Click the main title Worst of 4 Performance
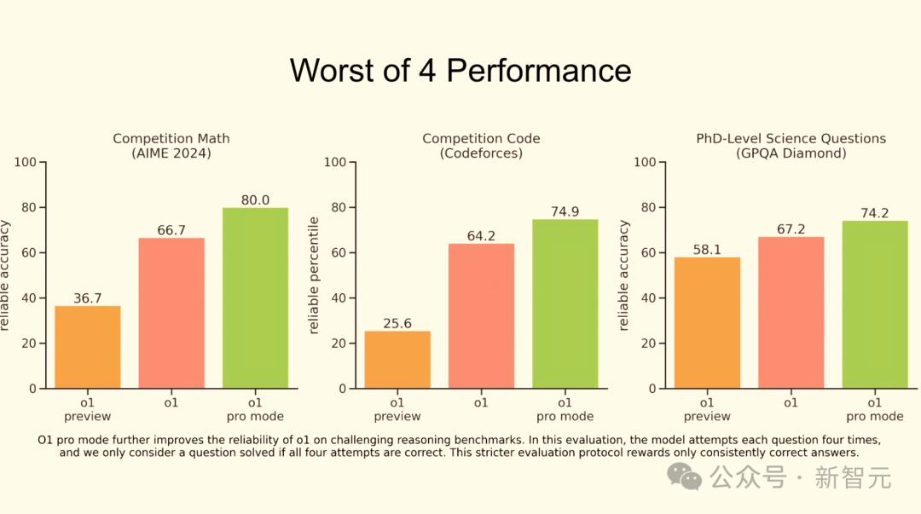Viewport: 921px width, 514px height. pyautogui.click(x=460, y=70)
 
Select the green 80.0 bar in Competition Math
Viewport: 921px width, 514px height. pyautogui.click(x=255, y=298)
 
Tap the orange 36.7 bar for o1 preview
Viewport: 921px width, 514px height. pyautogui.click(x=88, y=347)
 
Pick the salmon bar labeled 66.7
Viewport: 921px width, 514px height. pyautogui.click(x=171, y=313)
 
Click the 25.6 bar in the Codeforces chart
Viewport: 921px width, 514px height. pyautogui.click(x=397, y=360)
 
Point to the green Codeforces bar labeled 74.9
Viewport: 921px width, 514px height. pyautogui.click(x=565, y=304)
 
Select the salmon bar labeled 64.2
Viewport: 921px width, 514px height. pyautogui.click(x=481, y=316)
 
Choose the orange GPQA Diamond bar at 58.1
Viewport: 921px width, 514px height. pyautogui.click(x=707, y=323)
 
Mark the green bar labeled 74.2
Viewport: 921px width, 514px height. pyautogui.click(x=874, y=305)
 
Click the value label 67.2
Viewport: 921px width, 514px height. pyautogui.click(x=791, y=230)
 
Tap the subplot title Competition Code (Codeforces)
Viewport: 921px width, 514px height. pyautogui.click(x=481, y=146)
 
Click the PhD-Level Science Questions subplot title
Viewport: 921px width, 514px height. pyautogui.click(x=791, y=138)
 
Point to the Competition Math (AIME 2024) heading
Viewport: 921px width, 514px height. pyautogui.click(x=171, y=146)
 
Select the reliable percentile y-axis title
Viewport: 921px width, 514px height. pyautogui.click(x=314, y=275)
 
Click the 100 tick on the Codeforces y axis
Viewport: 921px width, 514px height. pyautogui.click(x=334, y=162)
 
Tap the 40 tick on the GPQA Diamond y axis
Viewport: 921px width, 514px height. pyautogui.click(x=647, y=298)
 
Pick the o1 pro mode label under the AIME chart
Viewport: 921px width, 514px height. pyautogui.click(x=255, y=409)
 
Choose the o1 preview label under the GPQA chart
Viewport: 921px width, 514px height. pyautogui.click(x=707, y=409)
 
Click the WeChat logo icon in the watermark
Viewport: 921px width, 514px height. pyautogui.click(x=686, y=476)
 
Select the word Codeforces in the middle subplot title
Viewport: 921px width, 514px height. pyautogui.click(x=481, y=153)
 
